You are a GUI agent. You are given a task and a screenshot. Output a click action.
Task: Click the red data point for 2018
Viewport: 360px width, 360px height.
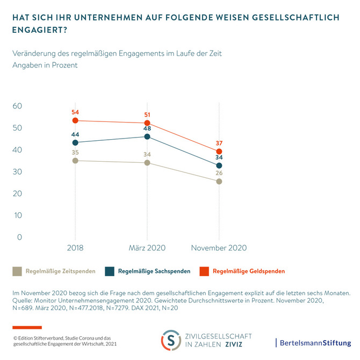pyautogui.click(x=75, y=120)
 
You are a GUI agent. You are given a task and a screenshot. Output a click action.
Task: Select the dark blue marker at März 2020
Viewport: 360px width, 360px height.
pyautogui.click(x=147, y=136)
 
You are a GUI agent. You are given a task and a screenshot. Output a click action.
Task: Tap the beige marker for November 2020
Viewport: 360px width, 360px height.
pyautogui.click(x=219, y=182)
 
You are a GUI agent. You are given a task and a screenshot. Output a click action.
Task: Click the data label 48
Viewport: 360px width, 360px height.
pyautogui.click(x=147, y=128)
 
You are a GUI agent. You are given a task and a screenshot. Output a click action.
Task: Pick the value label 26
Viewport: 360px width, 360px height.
pyautogui.click(x=219, y=173)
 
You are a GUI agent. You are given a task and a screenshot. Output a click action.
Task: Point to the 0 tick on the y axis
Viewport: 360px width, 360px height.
pyautogui.click(x=19, y=237)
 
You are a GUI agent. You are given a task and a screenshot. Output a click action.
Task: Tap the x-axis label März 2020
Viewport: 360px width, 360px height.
pyautogui.click(x=147, y=248)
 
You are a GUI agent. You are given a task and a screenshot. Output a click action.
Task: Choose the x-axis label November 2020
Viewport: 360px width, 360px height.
pyautogui.click(x=219, y=248)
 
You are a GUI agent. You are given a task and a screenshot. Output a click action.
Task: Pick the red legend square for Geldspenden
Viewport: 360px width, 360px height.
pyautogui.click(x=204, y=271)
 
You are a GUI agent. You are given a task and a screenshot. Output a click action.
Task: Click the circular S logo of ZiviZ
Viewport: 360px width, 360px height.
pyautogui.click(x=171, y=340)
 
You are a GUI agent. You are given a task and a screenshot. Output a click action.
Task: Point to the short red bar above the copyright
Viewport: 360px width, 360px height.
pyautogui.click(x=27, y=327)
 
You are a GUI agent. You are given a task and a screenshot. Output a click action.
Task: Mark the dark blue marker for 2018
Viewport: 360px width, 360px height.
pyautogui.click(x=75, y=142)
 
